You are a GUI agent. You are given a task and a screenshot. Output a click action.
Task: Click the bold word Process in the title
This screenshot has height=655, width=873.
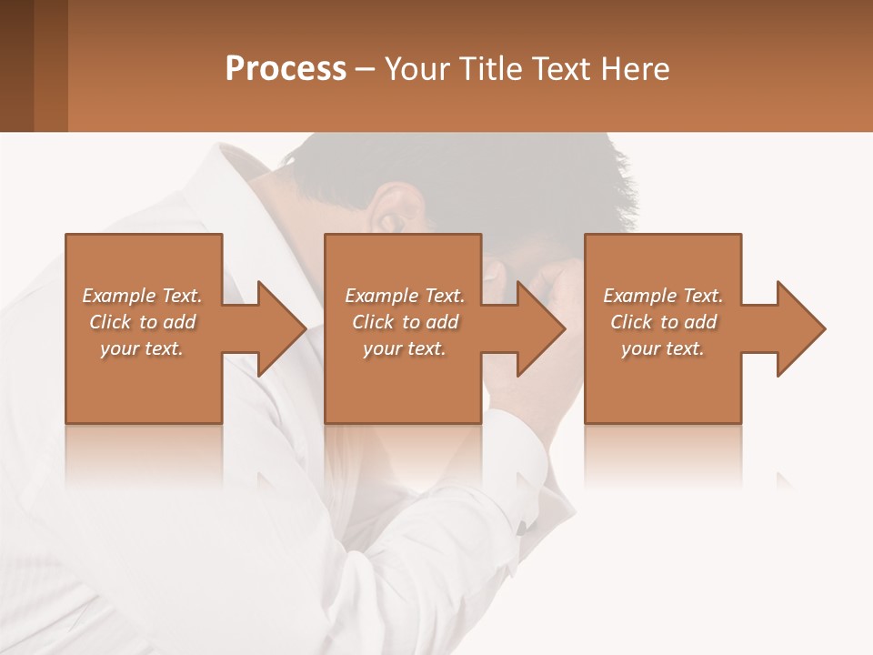[286, 69]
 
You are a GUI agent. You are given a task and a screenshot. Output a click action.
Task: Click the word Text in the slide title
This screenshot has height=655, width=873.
[561, 69]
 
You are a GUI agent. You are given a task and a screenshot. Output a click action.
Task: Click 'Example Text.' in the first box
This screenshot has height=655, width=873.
[142, 296]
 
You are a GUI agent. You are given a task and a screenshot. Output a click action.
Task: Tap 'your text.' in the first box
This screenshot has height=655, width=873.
[142, 348]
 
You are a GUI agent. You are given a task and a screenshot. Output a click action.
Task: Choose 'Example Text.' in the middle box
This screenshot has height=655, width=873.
[405, 296]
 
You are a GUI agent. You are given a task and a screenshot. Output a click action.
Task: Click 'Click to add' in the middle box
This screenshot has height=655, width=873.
[405, 322]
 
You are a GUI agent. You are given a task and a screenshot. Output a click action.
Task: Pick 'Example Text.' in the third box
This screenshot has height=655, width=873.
[663, 296]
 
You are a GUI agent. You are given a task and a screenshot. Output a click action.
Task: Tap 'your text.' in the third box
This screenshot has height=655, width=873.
[663, 348]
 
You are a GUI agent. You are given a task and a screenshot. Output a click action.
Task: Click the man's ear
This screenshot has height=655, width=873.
[393, 215]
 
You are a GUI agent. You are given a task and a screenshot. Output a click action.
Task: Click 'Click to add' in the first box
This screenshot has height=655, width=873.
[142, 322]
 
